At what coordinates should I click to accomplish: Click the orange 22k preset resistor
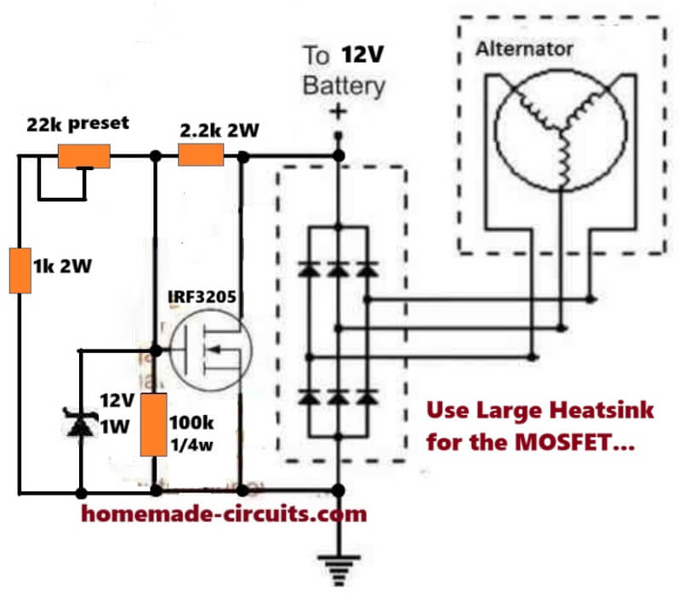[83, 156]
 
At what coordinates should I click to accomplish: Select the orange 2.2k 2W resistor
[201, 156]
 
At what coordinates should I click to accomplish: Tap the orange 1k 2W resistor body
[19, 269]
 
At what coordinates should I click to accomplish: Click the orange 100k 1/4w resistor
[155, 424]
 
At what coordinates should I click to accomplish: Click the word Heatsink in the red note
[602, 411]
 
